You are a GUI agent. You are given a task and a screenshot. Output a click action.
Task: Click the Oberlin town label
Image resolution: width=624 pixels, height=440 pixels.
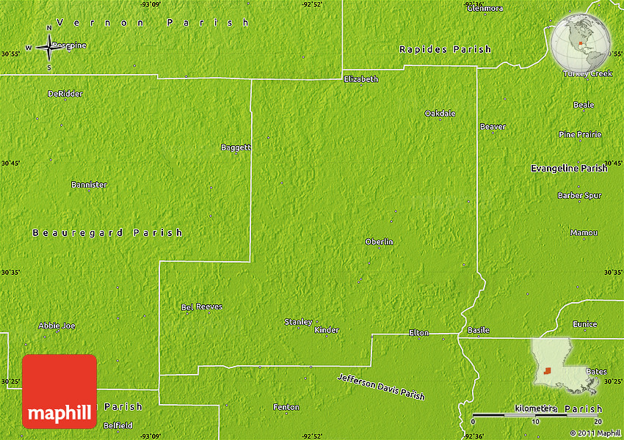tap(379, 242)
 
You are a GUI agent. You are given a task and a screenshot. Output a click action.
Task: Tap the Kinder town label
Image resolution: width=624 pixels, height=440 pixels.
tap(327, 330)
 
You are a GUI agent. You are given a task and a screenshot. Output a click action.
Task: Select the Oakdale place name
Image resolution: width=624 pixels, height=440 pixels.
tap(440, 114)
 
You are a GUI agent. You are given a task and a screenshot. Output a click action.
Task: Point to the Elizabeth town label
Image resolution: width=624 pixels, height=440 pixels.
tap(360, 79)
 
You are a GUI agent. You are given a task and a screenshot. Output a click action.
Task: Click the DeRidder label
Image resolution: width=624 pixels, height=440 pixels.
tap(65, 94)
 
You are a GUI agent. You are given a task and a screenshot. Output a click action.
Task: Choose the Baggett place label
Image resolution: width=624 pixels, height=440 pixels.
tap(236, 147)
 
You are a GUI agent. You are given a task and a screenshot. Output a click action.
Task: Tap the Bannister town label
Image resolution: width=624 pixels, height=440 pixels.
tap(89, 185)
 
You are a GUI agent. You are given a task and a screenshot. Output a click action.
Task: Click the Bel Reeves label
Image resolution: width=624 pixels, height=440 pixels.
tap(202, 307)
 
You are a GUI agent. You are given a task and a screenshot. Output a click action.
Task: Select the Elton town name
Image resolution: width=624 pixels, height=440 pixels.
tap(418, 333)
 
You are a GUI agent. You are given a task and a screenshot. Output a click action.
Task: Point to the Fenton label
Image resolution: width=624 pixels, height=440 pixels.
tap(286, 407)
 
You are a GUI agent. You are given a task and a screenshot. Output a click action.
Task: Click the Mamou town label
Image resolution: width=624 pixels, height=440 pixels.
tap(584, 233)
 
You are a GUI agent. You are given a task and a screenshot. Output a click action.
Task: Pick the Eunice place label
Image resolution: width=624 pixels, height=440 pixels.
tap(585, 324)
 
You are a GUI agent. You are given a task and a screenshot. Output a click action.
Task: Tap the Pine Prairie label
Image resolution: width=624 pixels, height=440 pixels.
tap(580, 134)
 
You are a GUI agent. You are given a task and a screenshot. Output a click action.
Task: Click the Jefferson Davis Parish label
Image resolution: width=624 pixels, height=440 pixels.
tap(381, 386)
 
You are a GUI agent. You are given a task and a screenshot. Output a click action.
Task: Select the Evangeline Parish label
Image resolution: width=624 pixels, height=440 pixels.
tap(569, 169)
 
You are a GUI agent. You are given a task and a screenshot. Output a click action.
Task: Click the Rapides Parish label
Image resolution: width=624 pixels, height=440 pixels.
tap(445, 49)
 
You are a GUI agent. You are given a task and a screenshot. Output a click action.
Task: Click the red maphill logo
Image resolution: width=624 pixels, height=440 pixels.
tap(59, 391)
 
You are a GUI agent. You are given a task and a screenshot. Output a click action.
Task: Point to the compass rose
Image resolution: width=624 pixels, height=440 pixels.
tap(49, 48)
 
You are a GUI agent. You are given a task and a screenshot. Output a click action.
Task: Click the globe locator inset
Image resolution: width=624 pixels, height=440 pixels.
tap(581, 42)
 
